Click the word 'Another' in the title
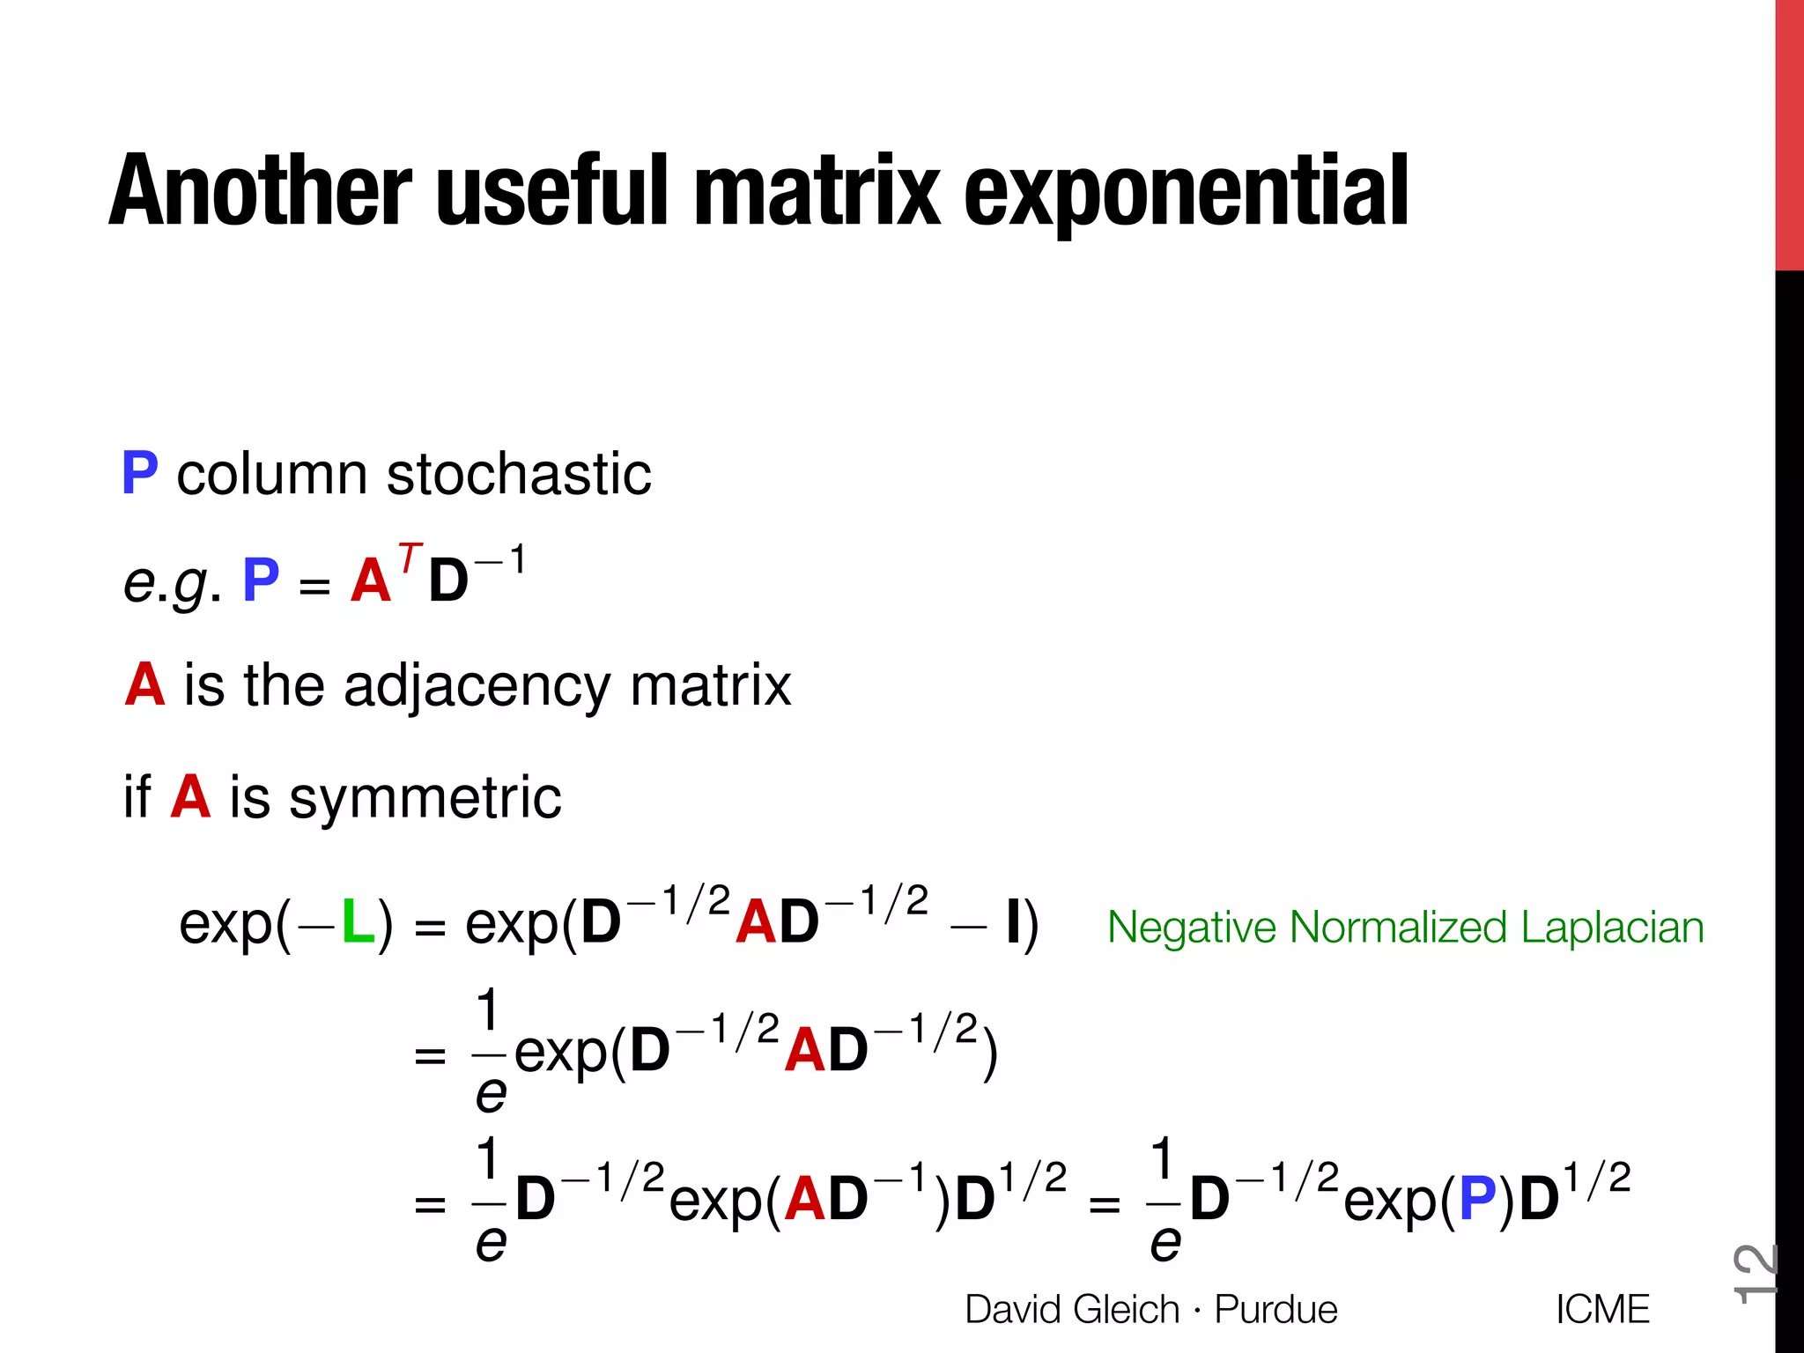261,191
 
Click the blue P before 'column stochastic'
140,473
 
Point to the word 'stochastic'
519,474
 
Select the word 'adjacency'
475,687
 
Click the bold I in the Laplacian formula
1013,923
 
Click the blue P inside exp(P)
1477,1199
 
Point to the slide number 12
1755,1272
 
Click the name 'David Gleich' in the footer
1071,1310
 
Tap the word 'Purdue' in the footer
1275,1310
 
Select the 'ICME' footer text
1601,1310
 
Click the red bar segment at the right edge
1789,132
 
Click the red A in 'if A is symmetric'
190,797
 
